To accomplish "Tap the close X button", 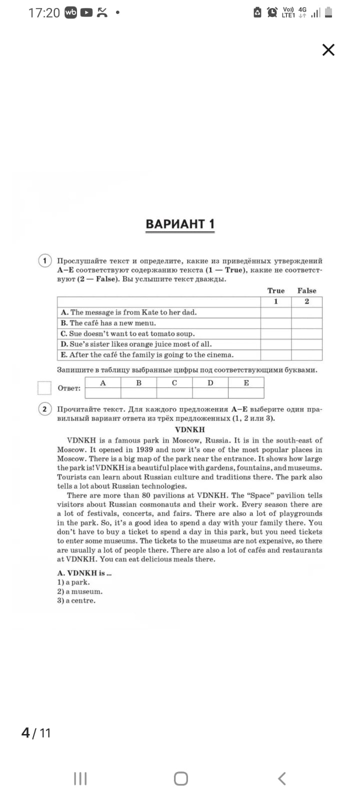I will click(328, 50).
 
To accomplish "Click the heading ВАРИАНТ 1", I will click(180, 224).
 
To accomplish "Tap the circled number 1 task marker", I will click(45, 260).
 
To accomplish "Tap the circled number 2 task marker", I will click(45, 409).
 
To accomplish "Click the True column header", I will click(275, 290).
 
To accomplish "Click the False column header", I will click(306, 290).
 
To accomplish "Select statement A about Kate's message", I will click(129, 312).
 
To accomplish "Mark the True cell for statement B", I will click(275, 323).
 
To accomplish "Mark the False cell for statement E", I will click(306, 355).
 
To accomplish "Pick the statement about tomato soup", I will click(127, 333).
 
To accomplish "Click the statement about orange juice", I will click(136, 344).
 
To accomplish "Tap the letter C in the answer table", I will click(174, 383).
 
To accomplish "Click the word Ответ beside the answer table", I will click(69, 388).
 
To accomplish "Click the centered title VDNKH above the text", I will click(189, 429).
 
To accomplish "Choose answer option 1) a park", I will click(73, 582).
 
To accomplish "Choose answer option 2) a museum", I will click(79, 591).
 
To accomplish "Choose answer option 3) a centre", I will click(76, 600).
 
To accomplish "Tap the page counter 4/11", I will click(36, 733).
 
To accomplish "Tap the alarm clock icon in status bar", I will click(272, 12).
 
